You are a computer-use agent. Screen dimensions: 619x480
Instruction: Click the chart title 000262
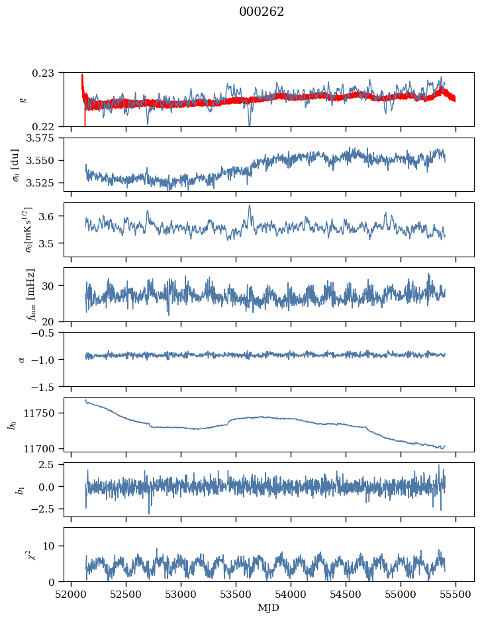click(262, 12)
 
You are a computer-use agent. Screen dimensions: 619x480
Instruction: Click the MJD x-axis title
click(269, 607)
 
